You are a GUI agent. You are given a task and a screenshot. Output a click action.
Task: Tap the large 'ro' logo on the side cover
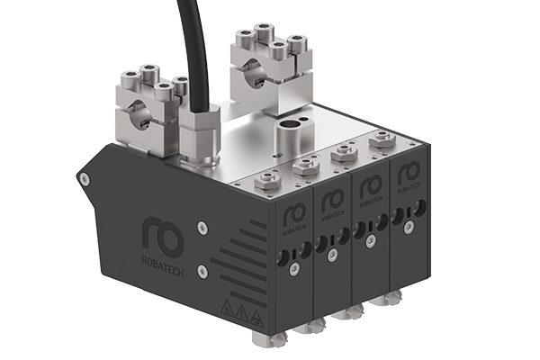(163, 236)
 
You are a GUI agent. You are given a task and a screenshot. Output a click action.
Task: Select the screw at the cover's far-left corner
(84, 179)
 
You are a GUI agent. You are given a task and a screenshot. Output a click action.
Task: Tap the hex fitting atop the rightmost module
(382, 139)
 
